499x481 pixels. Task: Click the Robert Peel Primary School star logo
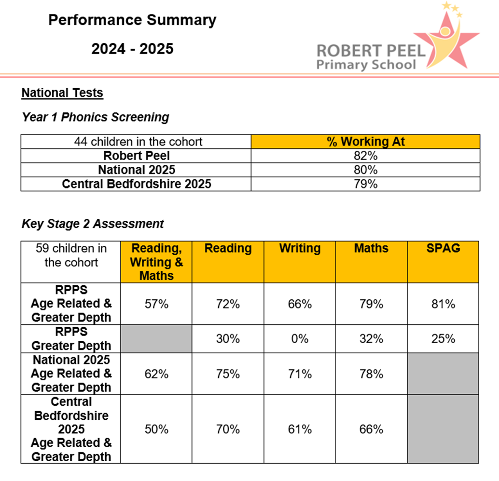pos(446,36)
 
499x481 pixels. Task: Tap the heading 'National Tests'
pos(62,93)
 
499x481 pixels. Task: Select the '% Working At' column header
pos(365,142)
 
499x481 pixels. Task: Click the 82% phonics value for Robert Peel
pos(365,156)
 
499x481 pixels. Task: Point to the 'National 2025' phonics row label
pos(137,170)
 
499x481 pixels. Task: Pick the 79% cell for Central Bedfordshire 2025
pos(365,184)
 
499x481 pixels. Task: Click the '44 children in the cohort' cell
pos(137,142)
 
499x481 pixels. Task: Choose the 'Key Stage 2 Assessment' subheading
pos(93,224)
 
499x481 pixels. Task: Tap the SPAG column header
pos(443,249)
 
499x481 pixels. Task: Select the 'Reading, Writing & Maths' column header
pos(156,262)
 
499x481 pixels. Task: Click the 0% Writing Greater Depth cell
pos(300,339)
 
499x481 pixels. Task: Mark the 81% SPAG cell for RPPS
pos(443,304)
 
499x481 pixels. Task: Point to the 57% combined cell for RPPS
pos(156,304)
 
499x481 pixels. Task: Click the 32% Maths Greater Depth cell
pos(371,339)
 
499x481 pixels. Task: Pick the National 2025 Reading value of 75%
pos(228,374)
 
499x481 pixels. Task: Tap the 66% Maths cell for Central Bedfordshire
pos(371,429)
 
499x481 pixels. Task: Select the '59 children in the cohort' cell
pos(71,255)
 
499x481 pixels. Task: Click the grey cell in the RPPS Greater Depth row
pos(156,338)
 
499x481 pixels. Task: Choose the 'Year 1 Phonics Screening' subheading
pos(96,117)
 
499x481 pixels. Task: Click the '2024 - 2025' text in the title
pos(132,49)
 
